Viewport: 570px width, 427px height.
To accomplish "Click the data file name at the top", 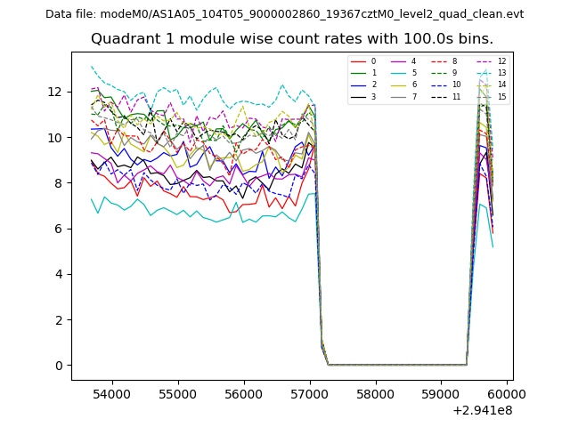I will pos(284,14).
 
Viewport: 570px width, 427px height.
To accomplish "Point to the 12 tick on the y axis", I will pos(55,92).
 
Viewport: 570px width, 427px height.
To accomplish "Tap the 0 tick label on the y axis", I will pos(60,366).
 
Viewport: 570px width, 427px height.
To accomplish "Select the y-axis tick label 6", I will pos(60,229).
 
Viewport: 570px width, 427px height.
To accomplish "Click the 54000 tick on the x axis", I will pos(111,392).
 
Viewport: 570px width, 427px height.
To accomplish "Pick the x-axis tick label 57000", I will pos(309,392).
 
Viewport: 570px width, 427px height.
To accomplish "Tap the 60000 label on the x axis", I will pos(507,392).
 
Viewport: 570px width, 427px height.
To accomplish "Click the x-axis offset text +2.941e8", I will pos(482,410).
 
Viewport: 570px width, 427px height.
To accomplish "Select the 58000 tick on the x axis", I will pos(375,392).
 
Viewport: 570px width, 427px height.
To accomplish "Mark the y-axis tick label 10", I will pos(55,137).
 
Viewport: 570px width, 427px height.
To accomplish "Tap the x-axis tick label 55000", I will pos(177,392).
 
